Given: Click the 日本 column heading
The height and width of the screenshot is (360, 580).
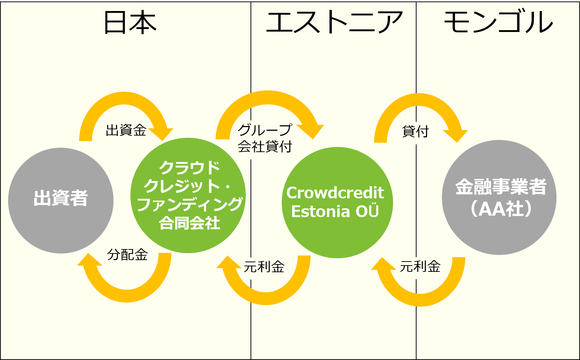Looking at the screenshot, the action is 130,22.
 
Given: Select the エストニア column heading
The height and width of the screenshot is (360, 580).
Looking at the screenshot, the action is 334,22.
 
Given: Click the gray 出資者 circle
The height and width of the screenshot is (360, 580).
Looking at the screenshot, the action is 61,201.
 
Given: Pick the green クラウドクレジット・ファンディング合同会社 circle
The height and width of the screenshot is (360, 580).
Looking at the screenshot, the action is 188,195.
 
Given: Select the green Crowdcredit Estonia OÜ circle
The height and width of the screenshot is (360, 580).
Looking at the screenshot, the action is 337,202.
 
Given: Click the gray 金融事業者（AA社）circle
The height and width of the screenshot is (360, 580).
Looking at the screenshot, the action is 499,198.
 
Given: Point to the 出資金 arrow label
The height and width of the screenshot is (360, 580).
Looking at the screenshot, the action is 126,130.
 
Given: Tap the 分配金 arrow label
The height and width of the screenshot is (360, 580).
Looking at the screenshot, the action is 127,255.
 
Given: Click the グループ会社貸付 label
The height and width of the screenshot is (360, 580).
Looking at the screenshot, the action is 265,138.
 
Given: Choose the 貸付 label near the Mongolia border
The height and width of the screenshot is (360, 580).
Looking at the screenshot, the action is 415,131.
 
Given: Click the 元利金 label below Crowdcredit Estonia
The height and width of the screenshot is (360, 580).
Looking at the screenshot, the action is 264,266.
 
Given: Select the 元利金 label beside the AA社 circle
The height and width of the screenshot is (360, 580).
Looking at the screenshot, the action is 420,266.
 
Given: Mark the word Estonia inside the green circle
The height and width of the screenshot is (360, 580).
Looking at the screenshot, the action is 321,212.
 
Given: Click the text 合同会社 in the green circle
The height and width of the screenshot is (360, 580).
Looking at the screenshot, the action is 190,223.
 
